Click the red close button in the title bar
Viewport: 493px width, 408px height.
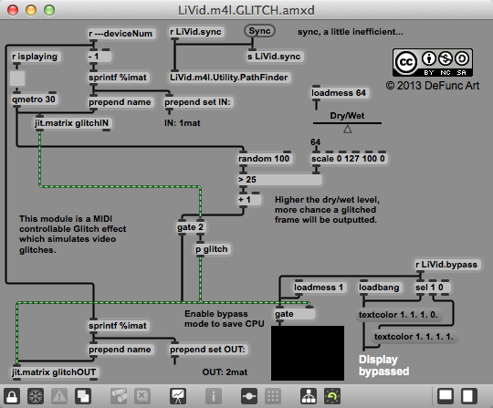[13, 10]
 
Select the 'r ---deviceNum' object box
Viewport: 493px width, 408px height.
[121, 34]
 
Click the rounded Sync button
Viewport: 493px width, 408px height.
[259, 31]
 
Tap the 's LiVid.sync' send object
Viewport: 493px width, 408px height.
[274, 57]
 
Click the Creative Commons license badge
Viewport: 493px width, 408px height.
[433, 63]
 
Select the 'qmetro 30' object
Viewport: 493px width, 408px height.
[34, 99]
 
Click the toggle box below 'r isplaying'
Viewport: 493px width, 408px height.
[17, 78]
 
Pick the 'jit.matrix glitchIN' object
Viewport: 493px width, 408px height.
[72, 123]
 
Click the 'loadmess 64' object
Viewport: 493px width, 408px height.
[339, 93]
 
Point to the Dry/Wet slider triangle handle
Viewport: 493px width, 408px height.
[348, 130]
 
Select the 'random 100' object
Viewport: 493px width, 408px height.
[264, 159]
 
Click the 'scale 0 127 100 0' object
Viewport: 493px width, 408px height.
[349, 159]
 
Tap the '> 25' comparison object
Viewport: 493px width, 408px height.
[279, 180]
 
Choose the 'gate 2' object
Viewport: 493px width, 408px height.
[190, 227]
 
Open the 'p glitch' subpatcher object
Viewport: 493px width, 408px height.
[212, 249]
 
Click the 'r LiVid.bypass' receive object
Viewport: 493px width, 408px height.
[446, 265]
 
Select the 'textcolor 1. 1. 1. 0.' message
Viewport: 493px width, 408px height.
[398, 315]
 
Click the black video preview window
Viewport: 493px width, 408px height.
[308, 353]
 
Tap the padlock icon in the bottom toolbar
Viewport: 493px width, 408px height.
[12, 396]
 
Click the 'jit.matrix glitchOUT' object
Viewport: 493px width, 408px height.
[54, 372]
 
